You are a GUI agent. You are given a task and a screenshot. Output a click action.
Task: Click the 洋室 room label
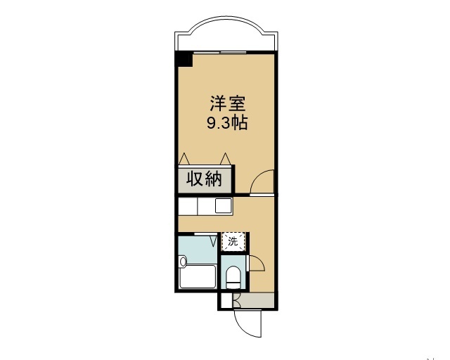coord(228,103)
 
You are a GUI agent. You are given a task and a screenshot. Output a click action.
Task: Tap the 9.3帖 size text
coord(227,123)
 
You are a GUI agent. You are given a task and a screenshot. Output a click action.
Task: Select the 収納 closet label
coord(205,179)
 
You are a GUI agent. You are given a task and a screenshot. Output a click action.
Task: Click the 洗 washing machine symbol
coord(233,242)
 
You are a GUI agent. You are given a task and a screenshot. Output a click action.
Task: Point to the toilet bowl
coord(233,278)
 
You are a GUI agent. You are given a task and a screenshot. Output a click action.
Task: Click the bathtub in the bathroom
coord(198,276)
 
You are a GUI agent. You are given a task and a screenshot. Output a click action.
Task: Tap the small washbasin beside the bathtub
coord(182,262)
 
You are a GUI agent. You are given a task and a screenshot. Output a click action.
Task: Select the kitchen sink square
coord(224,205)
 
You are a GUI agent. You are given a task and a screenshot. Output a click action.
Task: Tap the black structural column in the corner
coord(184,59)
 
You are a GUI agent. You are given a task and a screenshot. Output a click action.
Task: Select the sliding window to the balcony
coord(220,53)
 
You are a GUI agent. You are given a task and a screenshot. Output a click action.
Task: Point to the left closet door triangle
coord(184,159)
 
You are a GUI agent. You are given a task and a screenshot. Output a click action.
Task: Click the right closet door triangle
coord(225,159)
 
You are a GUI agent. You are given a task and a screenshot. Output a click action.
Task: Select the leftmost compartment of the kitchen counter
coord(188,206)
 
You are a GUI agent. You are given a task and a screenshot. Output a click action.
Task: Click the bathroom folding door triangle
coord(214,240)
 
